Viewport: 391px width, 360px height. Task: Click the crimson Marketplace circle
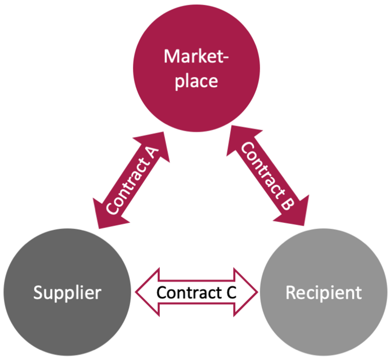pos(197,68)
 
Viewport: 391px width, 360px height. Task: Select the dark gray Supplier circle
pos(67,292)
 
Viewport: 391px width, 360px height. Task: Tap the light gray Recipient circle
pos(324,292)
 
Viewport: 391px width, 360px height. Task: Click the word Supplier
pos(67,293)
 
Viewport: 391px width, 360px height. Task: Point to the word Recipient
pos(324,293)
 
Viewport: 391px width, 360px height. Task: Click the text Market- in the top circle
pos(196,56)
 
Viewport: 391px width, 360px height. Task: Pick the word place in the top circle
pos(196,82)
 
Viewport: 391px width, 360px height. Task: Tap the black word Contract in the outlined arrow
pos(189,293)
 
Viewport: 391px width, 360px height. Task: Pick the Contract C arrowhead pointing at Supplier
pos(148,292)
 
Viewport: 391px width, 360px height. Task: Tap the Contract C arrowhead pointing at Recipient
pos(246,292)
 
